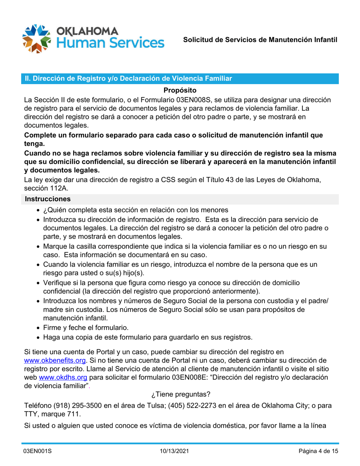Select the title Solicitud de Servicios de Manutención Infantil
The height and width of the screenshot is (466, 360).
(260, 40)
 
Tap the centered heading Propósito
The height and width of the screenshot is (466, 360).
(180, 91)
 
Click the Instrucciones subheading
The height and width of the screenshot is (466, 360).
(47, 198)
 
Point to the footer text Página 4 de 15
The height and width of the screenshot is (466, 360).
(318, 452)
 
